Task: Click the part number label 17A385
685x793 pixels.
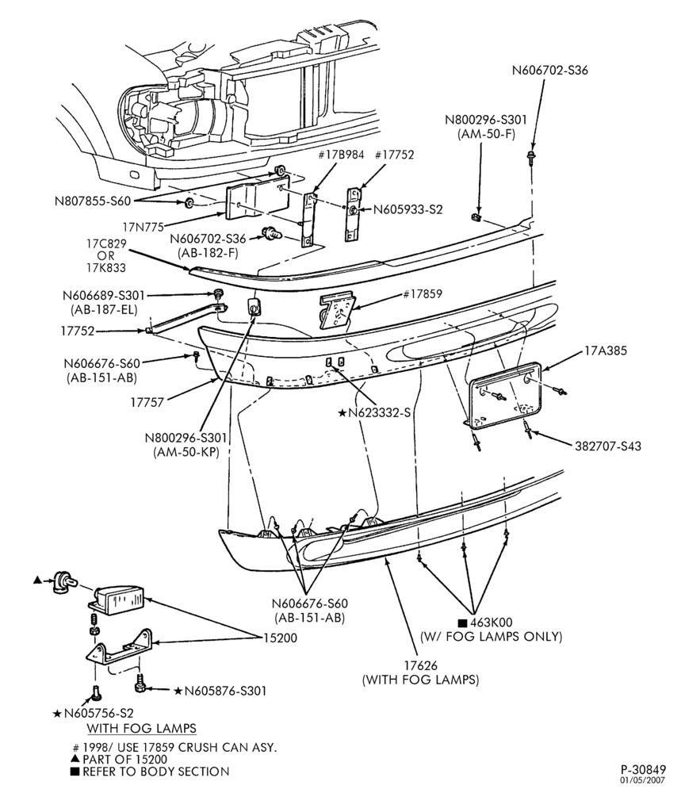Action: point(605,351)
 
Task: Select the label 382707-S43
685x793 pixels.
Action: point(607,446)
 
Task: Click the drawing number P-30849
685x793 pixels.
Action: point(644,769)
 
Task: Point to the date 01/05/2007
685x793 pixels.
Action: point(644,780)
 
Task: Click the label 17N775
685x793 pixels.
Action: point(143,228)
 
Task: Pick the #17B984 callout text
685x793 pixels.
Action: point(341,155)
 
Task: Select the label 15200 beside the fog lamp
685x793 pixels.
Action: point(280,638)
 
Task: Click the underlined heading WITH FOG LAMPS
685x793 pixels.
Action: point(142,728)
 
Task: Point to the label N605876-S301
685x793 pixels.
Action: point(225,691)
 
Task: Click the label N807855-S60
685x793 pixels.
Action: point(93,201)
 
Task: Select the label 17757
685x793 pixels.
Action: point(147,403)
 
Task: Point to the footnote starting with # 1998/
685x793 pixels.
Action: point(175,747)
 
